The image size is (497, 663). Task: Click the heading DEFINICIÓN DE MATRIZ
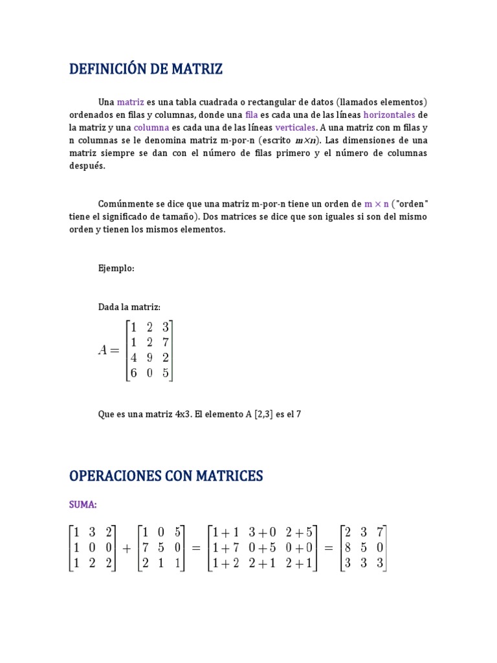(146, 69)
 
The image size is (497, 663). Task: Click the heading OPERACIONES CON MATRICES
(166, 476)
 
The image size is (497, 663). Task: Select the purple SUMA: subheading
(83, 504)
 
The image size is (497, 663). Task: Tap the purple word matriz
(130, 102)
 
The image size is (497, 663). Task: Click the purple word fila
(251, 115)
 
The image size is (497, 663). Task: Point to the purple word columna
(151, 128)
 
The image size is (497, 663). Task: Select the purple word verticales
(295, 128)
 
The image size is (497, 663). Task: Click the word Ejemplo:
(116, 268)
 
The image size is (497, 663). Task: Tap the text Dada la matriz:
(129, 307)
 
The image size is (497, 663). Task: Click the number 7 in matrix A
(166, 342)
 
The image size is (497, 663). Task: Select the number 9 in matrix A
(149, 357)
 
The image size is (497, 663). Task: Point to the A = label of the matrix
(109, 350)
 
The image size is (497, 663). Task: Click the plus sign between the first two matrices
(126, 548)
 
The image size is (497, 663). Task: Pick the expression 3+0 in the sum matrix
(262, 533)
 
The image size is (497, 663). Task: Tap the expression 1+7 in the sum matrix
(224, 548)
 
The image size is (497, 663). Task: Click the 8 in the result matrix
(348, 548)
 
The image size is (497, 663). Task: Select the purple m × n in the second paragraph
(377, 203)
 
